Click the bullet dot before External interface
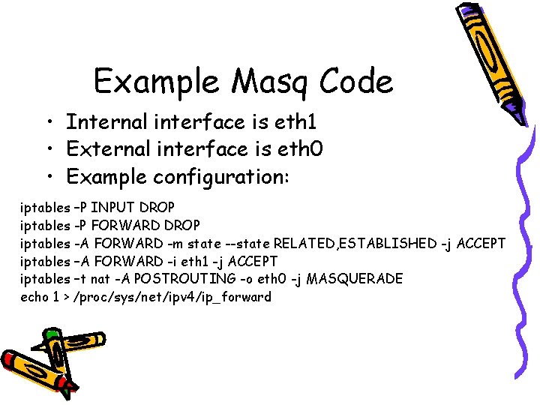[x=48, y=150]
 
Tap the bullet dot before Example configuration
[x=48, y=178]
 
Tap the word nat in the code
[x=100, y=279]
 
